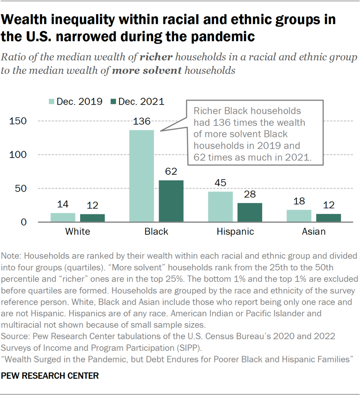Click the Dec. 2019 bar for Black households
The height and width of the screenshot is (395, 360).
coord(141,176)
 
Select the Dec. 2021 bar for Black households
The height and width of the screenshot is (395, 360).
coord(171,201)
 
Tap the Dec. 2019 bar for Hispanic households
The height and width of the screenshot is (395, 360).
coord(220,207)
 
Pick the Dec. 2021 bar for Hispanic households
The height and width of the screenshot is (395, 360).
coord(250,212)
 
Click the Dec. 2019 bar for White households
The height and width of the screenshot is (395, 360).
coord(63,218)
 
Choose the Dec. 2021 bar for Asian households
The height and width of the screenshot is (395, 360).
coord(329,218)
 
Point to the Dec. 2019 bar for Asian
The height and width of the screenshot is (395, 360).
coord(299,216)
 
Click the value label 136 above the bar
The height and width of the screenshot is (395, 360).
coord(141,122)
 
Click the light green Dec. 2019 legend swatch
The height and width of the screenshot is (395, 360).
coord(51,102)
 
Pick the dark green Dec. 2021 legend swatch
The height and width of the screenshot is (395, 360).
coord(113,102)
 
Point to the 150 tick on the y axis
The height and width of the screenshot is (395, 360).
coord(18,121)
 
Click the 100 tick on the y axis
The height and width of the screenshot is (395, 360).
coord(18,155)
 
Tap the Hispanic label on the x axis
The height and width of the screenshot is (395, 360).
coord(235,232)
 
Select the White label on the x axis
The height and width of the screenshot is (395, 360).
coord(78,232)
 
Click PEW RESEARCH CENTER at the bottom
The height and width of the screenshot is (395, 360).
coord(50,376)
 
